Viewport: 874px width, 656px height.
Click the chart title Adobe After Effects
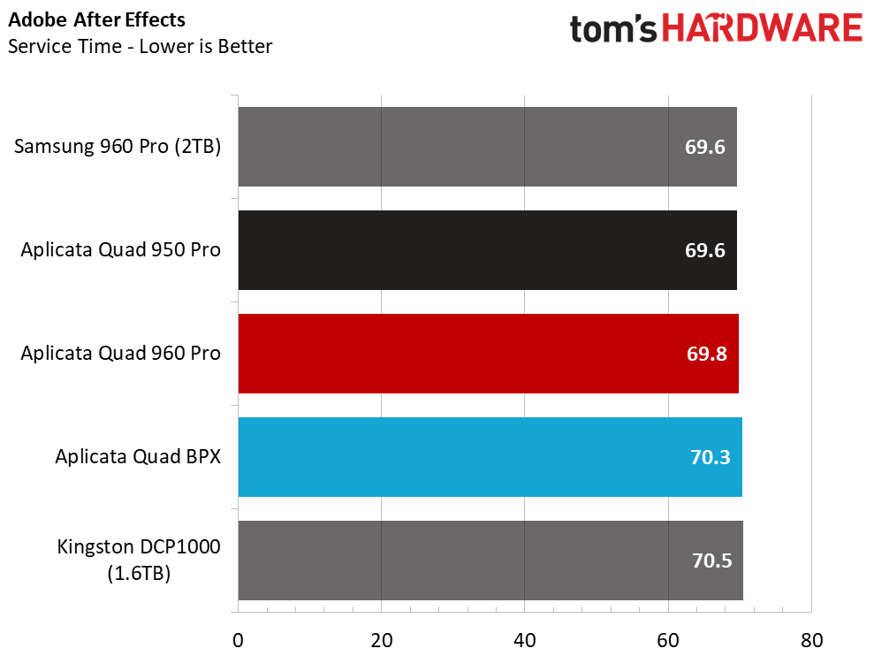tap(97, 19)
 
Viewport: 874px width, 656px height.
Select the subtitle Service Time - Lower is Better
tap(140, 46)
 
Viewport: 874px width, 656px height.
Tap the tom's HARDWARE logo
tap(716, 29)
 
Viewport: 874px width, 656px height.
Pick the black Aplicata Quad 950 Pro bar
tap(487, 250)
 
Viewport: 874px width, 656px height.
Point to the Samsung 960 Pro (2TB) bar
tap(487, 147)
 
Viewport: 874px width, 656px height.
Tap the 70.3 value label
tap(710, 457)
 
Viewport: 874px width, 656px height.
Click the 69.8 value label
tap(705, 354)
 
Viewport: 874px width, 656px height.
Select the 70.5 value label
tap(711, 561)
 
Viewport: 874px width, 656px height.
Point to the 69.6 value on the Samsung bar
tap(705, 147)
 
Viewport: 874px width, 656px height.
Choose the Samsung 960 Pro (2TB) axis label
tap(118, 147)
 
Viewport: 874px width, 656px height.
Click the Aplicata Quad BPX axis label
tap(138, 457)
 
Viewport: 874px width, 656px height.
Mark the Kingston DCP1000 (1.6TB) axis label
tap(139, 560)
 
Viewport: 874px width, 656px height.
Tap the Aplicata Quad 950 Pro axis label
tap(121, 250)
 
